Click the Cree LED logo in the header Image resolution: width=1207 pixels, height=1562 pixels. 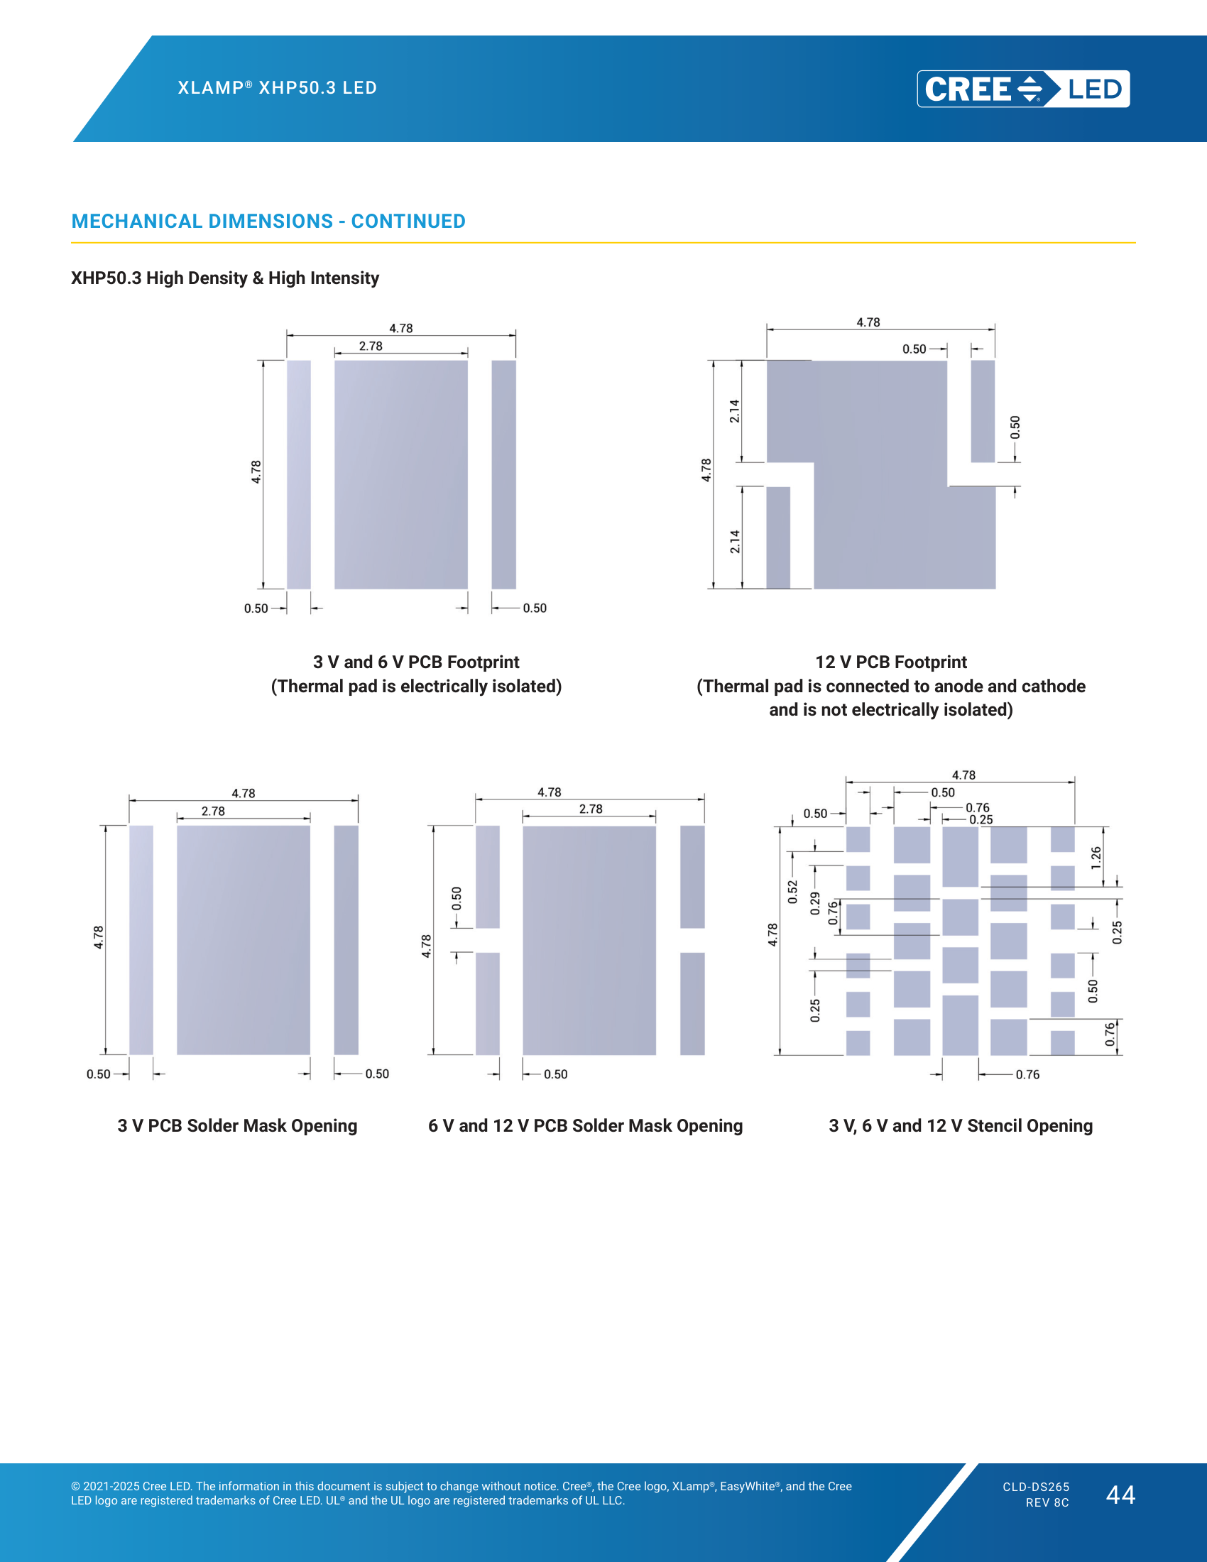(x=1023, y=89)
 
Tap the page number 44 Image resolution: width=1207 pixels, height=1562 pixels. (x=1120, y=1494)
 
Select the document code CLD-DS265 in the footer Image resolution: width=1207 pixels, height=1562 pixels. (x=1036, y=1487)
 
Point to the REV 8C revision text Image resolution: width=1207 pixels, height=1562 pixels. (x=1047, y=1502)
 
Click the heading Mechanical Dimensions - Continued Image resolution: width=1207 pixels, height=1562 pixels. (x=268, y=221)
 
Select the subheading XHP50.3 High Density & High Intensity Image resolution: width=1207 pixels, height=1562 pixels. (x=224, y=278)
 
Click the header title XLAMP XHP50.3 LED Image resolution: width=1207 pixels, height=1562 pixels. (x=278, y=87)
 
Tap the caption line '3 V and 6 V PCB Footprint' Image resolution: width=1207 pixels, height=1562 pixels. (x=416, y=662)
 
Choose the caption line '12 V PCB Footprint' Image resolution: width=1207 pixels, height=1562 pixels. (x=891, y=662)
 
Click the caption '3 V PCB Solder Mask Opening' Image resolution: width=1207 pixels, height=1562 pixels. (x=237, y=1125)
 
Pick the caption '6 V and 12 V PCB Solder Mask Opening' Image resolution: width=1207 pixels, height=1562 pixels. (x=585, y=1125)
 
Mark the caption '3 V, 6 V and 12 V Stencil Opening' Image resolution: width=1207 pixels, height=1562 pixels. (x=961, y=1125)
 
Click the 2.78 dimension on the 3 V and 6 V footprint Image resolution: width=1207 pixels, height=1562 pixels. (x=371, y=346)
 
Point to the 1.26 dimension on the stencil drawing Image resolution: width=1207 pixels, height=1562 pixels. (x=1096, y=858)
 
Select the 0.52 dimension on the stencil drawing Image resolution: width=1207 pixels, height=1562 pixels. (x=792, y=892)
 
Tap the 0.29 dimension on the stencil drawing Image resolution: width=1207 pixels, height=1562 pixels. (x=815, y=903)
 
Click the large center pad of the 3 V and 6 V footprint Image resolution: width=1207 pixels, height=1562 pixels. (x=401, y=474)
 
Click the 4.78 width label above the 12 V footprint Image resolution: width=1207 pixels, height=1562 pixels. (x=868, y=322)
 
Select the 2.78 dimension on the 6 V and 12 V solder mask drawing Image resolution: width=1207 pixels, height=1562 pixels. (x=591, y=809)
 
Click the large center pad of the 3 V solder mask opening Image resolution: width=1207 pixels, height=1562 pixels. (x=243, y=940)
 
